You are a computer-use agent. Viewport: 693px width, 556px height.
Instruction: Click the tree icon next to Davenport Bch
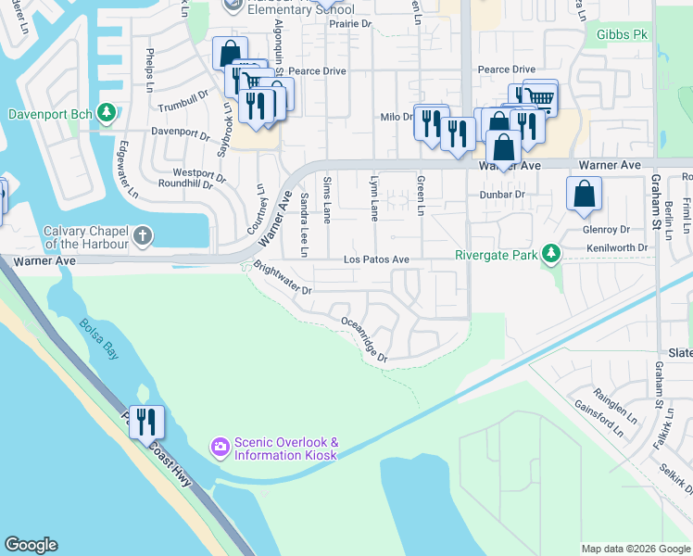(107, 113)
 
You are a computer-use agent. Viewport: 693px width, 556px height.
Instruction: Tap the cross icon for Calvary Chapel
(142, 235)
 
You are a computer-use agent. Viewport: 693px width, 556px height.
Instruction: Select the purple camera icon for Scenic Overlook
(220, 448)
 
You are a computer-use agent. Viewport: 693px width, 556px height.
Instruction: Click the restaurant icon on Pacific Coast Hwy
(146, 423)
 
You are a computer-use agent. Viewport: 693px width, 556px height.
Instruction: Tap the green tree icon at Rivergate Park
(551, 253)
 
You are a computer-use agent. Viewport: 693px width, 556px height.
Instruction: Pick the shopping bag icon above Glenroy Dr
(585, 195)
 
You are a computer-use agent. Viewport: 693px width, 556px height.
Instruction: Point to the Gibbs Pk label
(622, 34)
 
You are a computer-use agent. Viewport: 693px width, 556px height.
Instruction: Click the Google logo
(31, 545)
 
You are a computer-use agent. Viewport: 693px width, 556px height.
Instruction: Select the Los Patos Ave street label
(376, 260)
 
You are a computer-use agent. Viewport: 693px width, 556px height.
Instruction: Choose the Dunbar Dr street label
(502, 195)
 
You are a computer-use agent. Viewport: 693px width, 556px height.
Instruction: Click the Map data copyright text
(635, 549)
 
